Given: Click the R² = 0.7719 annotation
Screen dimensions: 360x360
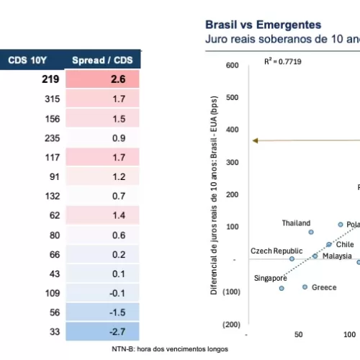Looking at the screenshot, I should coord(282,63).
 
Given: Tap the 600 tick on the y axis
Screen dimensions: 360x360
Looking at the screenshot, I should coord(231,66).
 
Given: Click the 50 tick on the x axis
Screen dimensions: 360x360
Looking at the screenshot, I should coord(298,335).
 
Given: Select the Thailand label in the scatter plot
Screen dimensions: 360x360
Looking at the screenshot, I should coord(296,223).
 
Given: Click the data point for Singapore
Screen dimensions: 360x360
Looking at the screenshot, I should coord(282,288).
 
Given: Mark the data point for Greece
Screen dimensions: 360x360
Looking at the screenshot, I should coord(305,287).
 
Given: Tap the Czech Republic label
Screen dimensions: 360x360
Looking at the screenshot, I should coord(273,251).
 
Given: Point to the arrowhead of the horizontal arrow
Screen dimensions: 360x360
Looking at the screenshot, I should coord(254,140).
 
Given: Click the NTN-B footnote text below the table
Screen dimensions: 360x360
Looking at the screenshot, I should coord(169,348).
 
